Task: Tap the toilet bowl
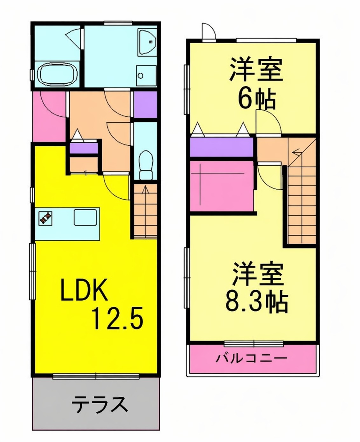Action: [x=146, y=165]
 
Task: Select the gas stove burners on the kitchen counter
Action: [x=45, y=218]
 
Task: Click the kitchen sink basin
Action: [x=85, y=217]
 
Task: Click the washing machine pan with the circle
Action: [x=146, y=76]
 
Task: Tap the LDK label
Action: [x=84, y=290]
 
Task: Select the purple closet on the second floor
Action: [x=222, y=147]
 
